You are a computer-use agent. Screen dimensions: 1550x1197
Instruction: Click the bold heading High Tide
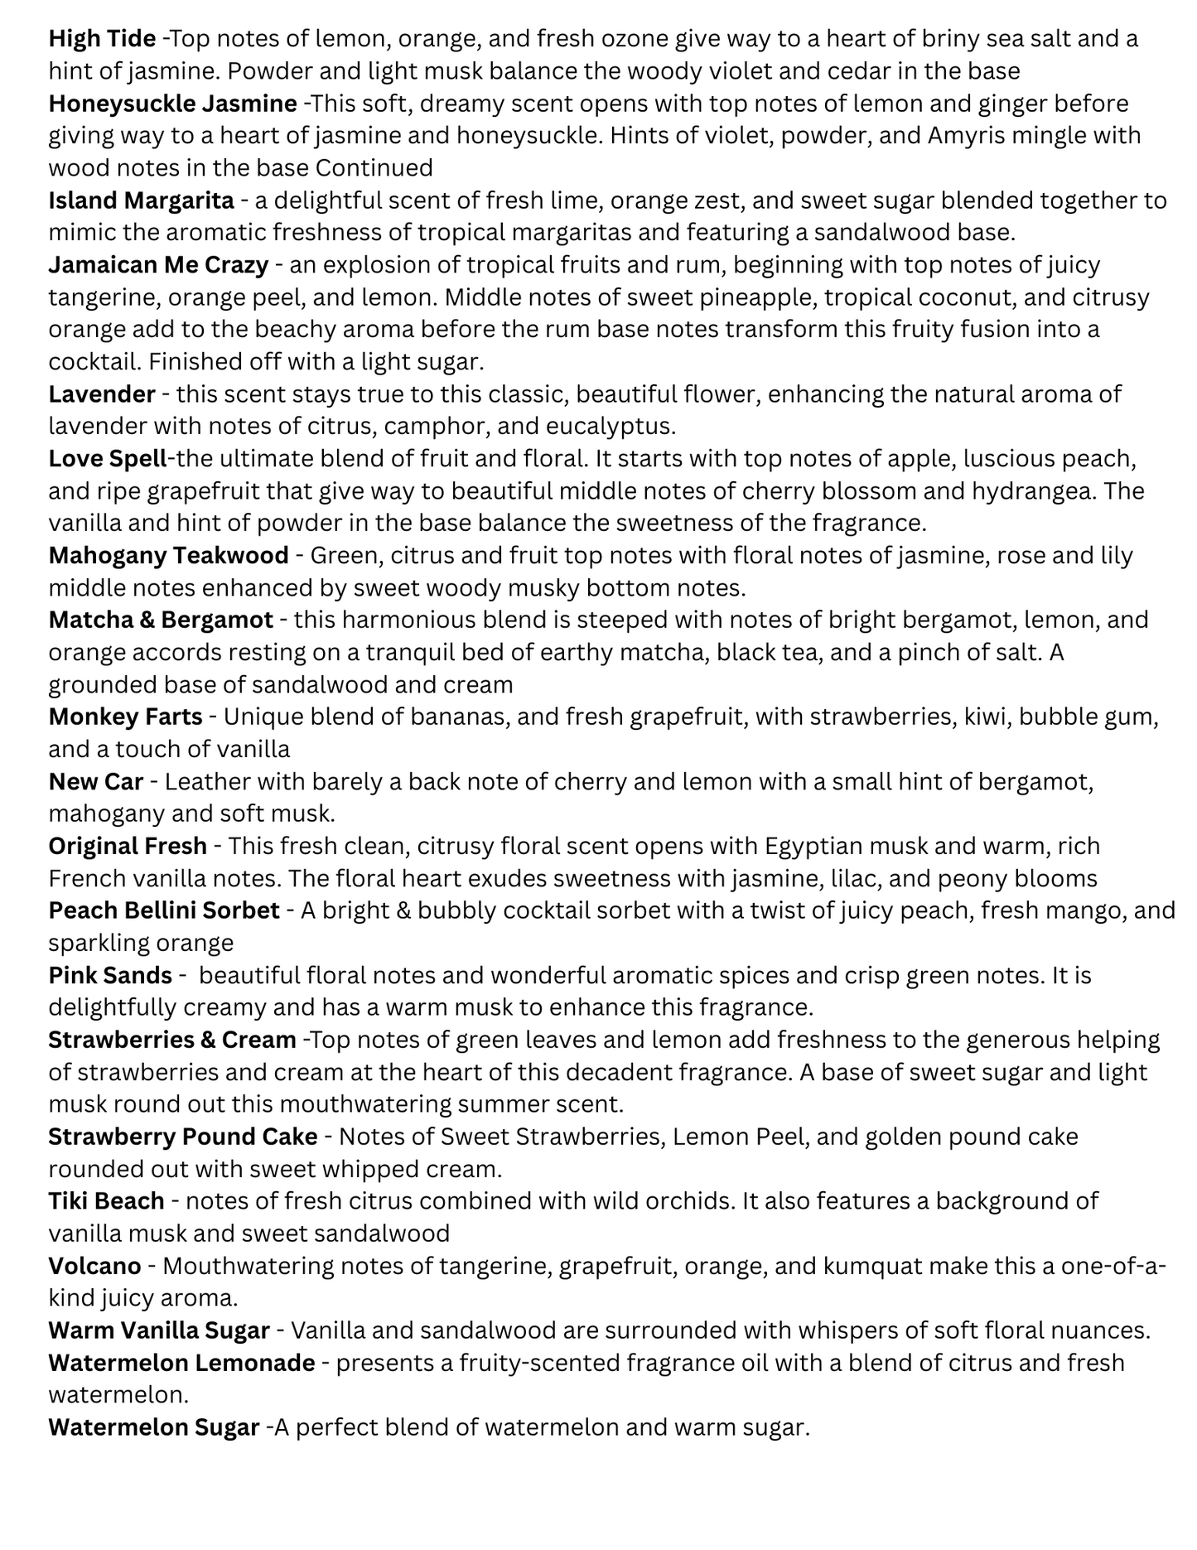tap(102, 38)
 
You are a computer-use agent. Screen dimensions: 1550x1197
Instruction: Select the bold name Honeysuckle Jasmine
tap(172, 104)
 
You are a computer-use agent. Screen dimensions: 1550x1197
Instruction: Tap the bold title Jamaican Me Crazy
tap(158, 265)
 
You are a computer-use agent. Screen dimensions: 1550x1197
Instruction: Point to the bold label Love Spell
tap(108, 458)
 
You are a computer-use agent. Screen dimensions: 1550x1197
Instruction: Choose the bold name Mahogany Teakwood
tap(168, 555)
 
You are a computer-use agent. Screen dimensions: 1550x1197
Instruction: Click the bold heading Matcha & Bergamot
tap(161, 620)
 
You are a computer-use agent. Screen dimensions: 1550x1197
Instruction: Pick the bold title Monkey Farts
tap(125, 717)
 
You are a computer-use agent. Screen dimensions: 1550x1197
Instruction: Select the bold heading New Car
tap(96, 781)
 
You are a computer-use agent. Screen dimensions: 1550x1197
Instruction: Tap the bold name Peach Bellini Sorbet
tap(164, 910)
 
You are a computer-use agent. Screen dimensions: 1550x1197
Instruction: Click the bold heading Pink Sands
tap(110, 975)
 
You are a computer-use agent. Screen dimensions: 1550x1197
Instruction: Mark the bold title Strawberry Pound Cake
tap(183, 1137)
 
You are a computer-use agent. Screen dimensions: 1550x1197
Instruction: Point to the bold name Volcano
tap(94, 1266)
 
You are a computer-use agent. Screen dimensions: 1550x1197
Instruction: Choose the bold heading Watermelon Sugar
tap(154, 1427)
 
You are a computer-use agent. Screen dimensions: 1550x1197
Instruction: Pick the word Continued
tap(374, 168)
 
